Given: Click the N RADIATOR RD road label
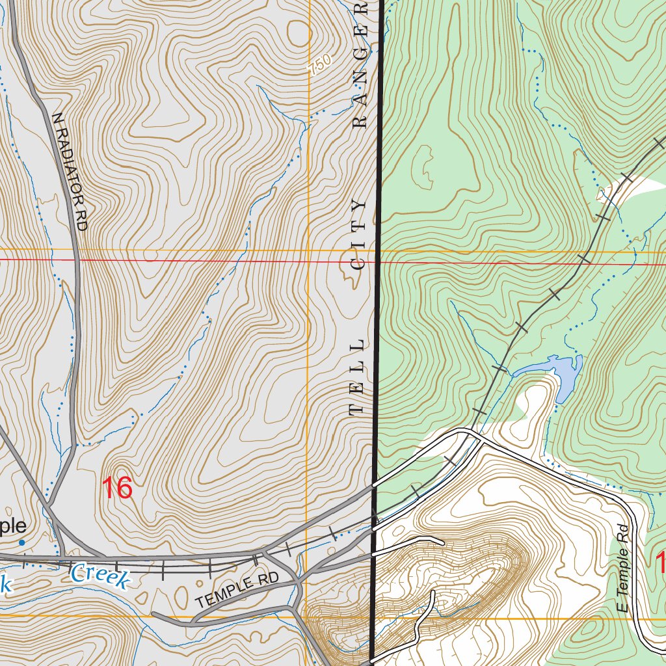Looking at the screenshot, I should pos(70,171).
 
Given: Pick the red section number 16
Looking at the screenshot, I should pos(117,488).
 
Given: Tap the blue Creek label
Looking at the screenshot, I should pos(100,575).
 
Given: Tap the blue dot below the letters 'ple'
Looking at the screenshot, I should pos(21,542).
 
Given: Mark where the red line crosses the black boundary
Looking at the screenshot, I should pos(379,262).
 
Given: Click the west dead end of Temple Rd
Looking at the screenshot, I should pos(153,613).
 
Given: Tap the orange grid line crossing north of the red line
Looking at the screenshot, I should pos(308,250).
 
